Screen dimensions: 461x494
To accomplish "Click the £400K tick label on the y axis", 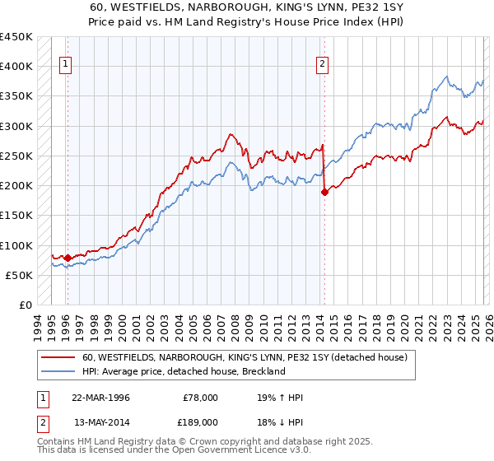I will [x=16, y=67].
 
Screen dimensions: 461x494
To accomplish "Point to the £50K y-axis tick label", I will [x=20, y=275].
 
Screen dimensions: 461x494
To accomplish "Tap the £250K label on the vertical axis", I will [x=16, y=156].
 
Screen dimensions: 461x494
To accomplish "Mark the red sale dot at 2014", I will [x=324, y=192].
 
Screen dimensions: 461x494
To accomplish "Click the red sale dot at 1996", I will [x=68, y=258].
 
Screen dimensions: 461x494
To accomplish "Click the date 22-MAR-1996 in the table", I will [x=100, y=398].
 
